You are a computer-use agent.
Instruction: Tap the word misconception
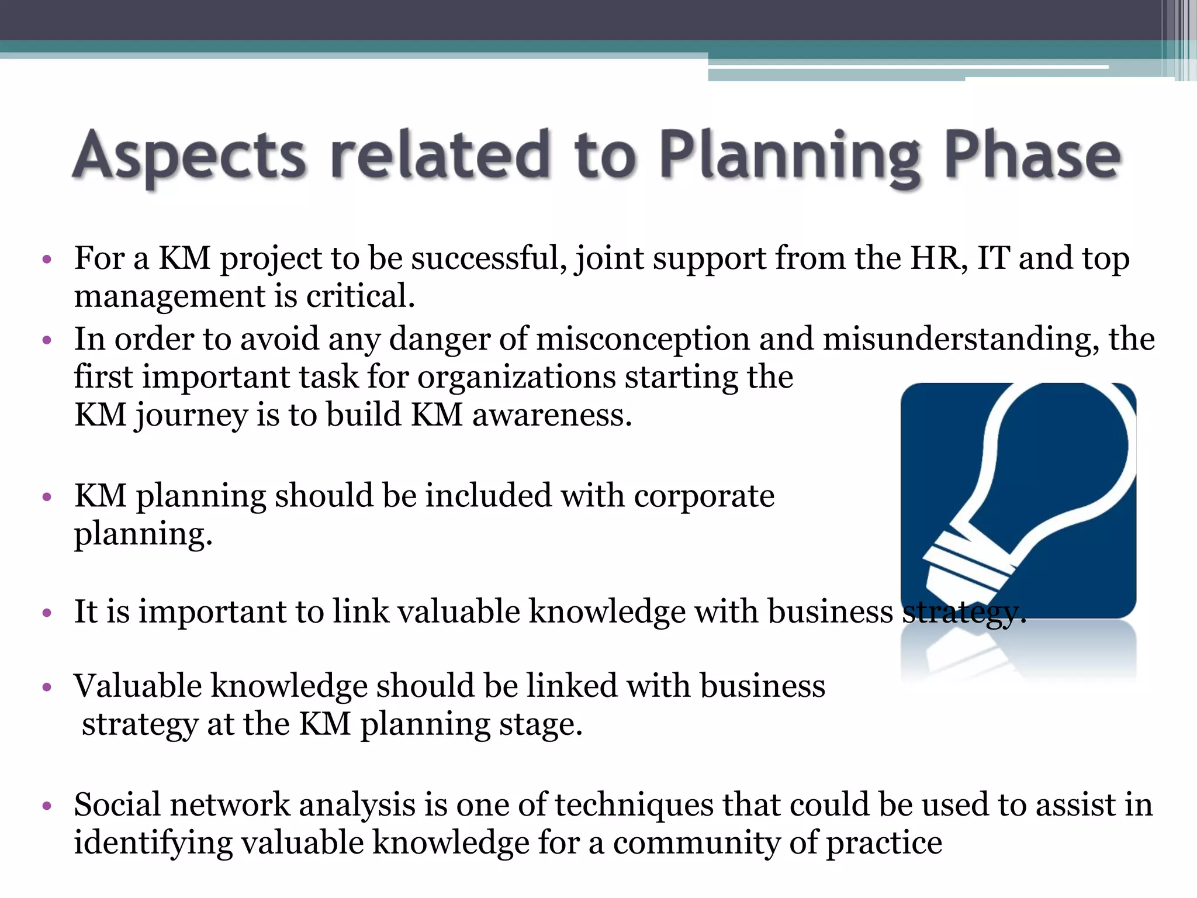click(x=642, y=339)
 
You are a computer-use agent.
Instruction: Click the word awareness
click(x=552, y=415)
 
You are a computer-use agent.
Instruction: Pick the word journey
click(x=191, y=416)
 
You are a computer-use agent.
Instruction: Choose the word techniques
click(x=634, y=806)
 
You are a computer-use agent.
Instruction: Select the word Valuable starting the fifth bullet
click(x=137, y=686)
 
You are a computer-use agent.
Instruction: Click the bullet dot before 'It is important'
click(x=47, y=613)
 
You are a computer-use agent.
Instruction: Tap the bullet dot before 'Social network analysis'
click(x=47, y=807)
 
